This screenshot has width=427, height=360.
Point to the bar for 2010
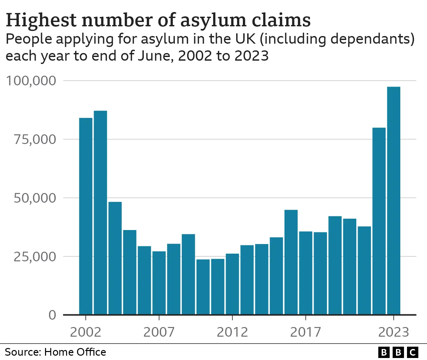203,287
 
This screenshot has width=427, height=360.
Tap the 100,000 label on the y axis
31,81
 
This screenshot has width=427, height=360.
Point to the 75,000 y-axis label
35,139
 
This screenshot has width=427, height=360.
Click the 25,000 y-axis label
35,257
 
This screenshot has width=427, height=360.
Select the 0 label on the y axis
52,315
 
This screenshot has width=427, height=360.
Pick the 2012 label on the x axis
232,332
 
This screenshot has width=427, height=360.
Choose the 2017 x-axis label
306,332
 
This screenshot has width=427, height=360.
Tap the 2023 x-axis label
394,332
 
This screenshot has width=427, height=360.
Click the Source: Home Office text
55,352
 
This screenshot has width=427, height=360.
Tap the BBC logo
398,352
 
